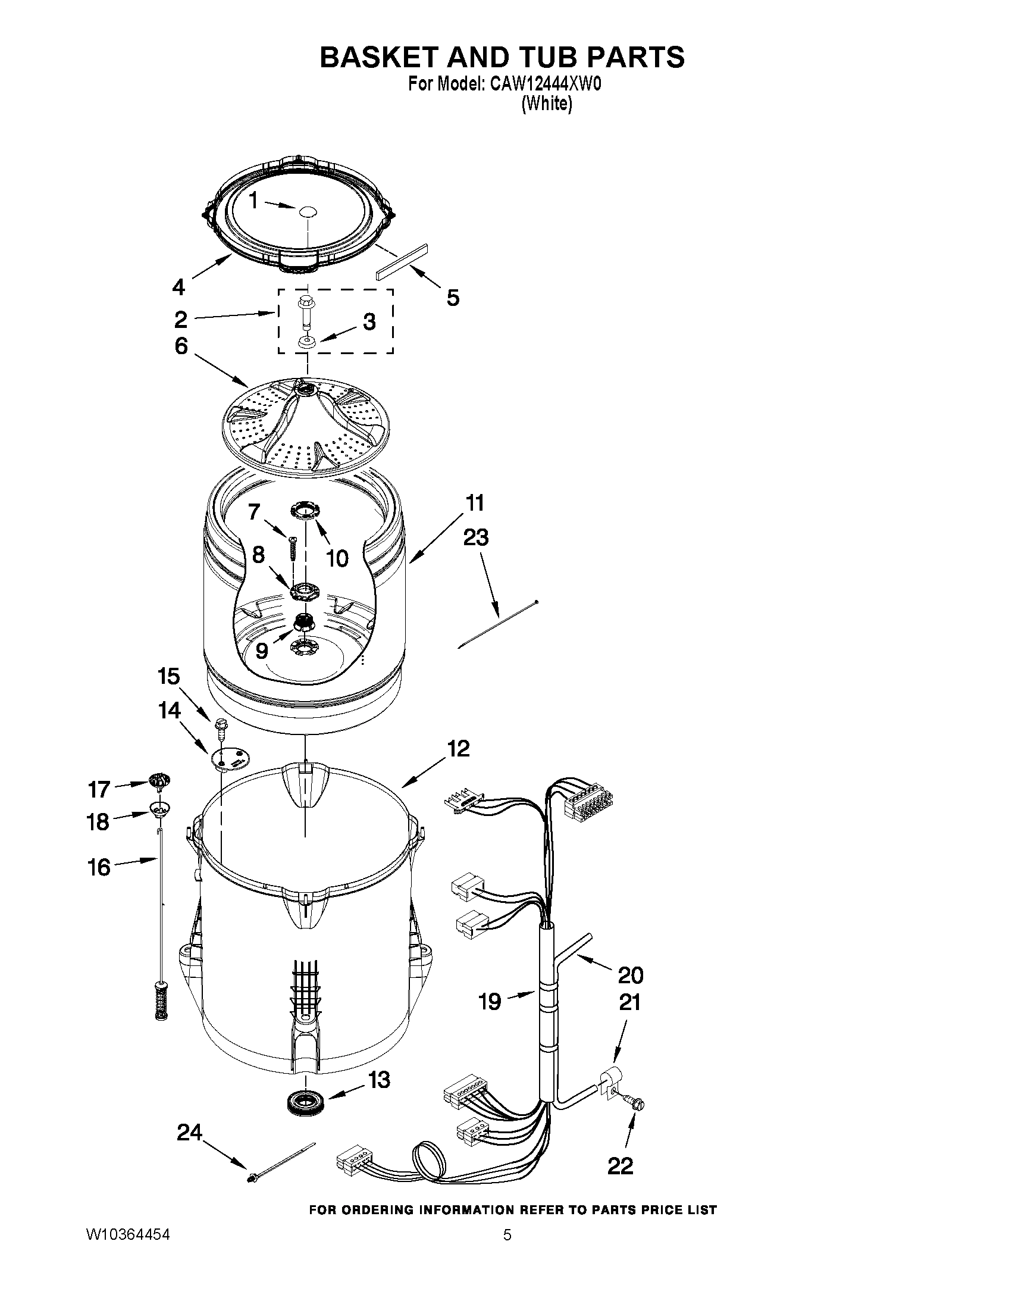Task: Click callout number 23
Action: pos(475,537)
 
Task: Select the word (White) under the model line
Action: pos(547,104)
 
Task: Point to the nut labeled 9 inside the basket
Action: pos(305,624)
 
